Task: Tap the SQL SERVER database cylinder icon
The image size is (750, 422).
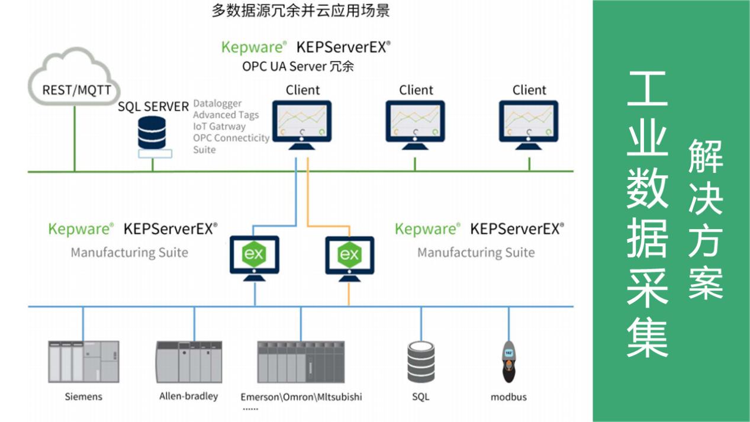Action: pyautogui.click(x=152, y=133)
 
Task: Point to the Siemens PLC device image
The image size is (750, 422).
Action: pyautogui.click(x=83, y=361)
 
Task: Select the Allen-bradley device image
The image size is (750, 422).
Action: pyautogui.click(x=189, y=362)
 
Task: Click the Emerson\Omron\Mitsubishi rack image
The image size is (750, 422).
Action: pyautogui.click(x=301, y=362)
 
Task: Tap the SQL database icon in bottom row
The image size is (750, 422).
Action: pyautogui.click(x=421, y=362)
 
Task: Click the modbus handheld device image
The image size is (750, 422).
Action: pyautogui.click(x=508, y=362)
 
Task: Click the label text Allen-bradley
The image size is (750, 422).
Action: pyautogui.click(x=188, y=396)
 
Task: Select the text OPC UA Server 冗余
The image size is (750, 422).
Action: pyautogui.click(x=298, y=66)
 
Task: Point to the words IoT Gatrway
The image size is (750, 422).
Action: pyautogui.click(x=219, y=126)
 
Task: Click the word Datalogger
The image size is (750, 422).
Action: pyautogui.click(x=217, y=104)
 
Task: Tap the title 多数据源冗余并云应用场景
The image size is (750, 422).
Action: pyautogui.click(x=301, y=11)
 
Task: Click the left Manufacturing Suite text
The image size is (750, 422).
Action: pyautogui.click(x=129, y=253)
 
